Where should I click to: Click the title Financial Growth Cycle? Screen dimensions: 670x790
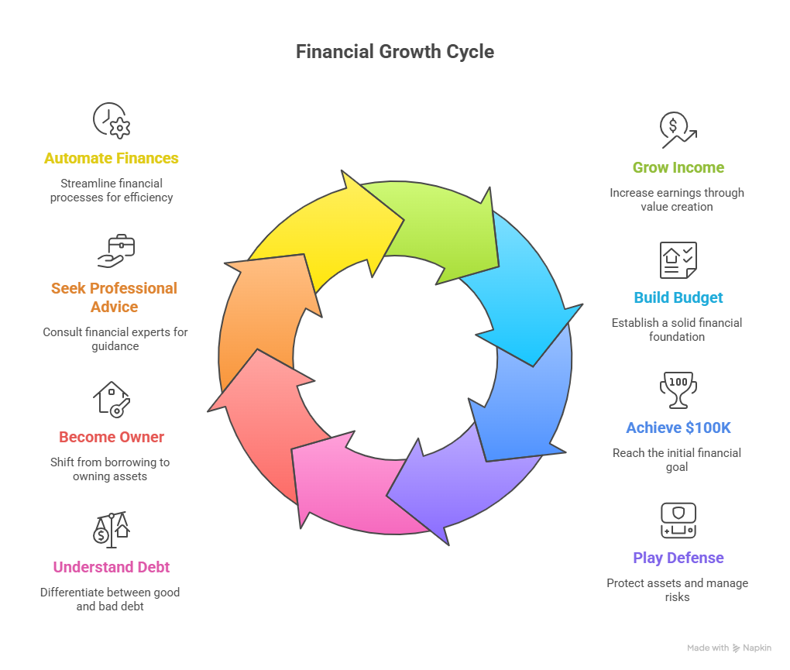tap(395, 52)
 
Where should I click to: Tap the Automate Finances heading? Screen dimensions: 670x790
tap(112, 158)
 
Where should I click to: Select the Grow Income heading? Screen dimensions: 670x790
tap(678, 167)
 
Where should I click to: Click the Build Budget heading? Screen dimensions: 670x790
tap(678, 297)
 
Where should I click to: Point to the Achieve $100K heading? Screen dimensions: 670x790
tap(678, 428)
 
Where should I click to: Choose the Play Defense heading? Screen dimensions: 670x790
tap(678, 558)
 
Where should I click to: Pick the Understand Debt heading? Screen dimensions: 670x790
tap(112, 567)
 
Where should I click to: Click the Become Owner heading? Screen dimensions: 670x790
tap(112, 437)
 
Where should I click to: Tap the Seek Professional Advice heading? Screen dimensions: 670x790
tap(114, 297)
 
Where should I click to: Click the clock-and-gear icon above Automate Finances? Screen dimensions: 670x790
tap(112, 121)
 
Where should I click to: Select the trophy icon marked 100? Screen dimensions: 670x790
tap(678, 390)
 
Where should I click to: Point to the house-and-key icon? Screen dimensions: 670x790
tap(112, 399)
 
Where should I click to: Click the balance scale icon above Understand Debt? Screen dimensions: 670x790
tap(111, 530)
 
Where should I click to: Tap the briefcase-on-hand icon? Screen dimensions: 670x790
tap(116, 251)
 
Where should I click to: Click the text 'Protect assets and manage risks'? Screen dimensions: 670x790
tap(678, 589)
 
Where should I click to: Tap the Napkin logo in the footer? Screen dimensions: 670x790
tap(751, 648)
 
